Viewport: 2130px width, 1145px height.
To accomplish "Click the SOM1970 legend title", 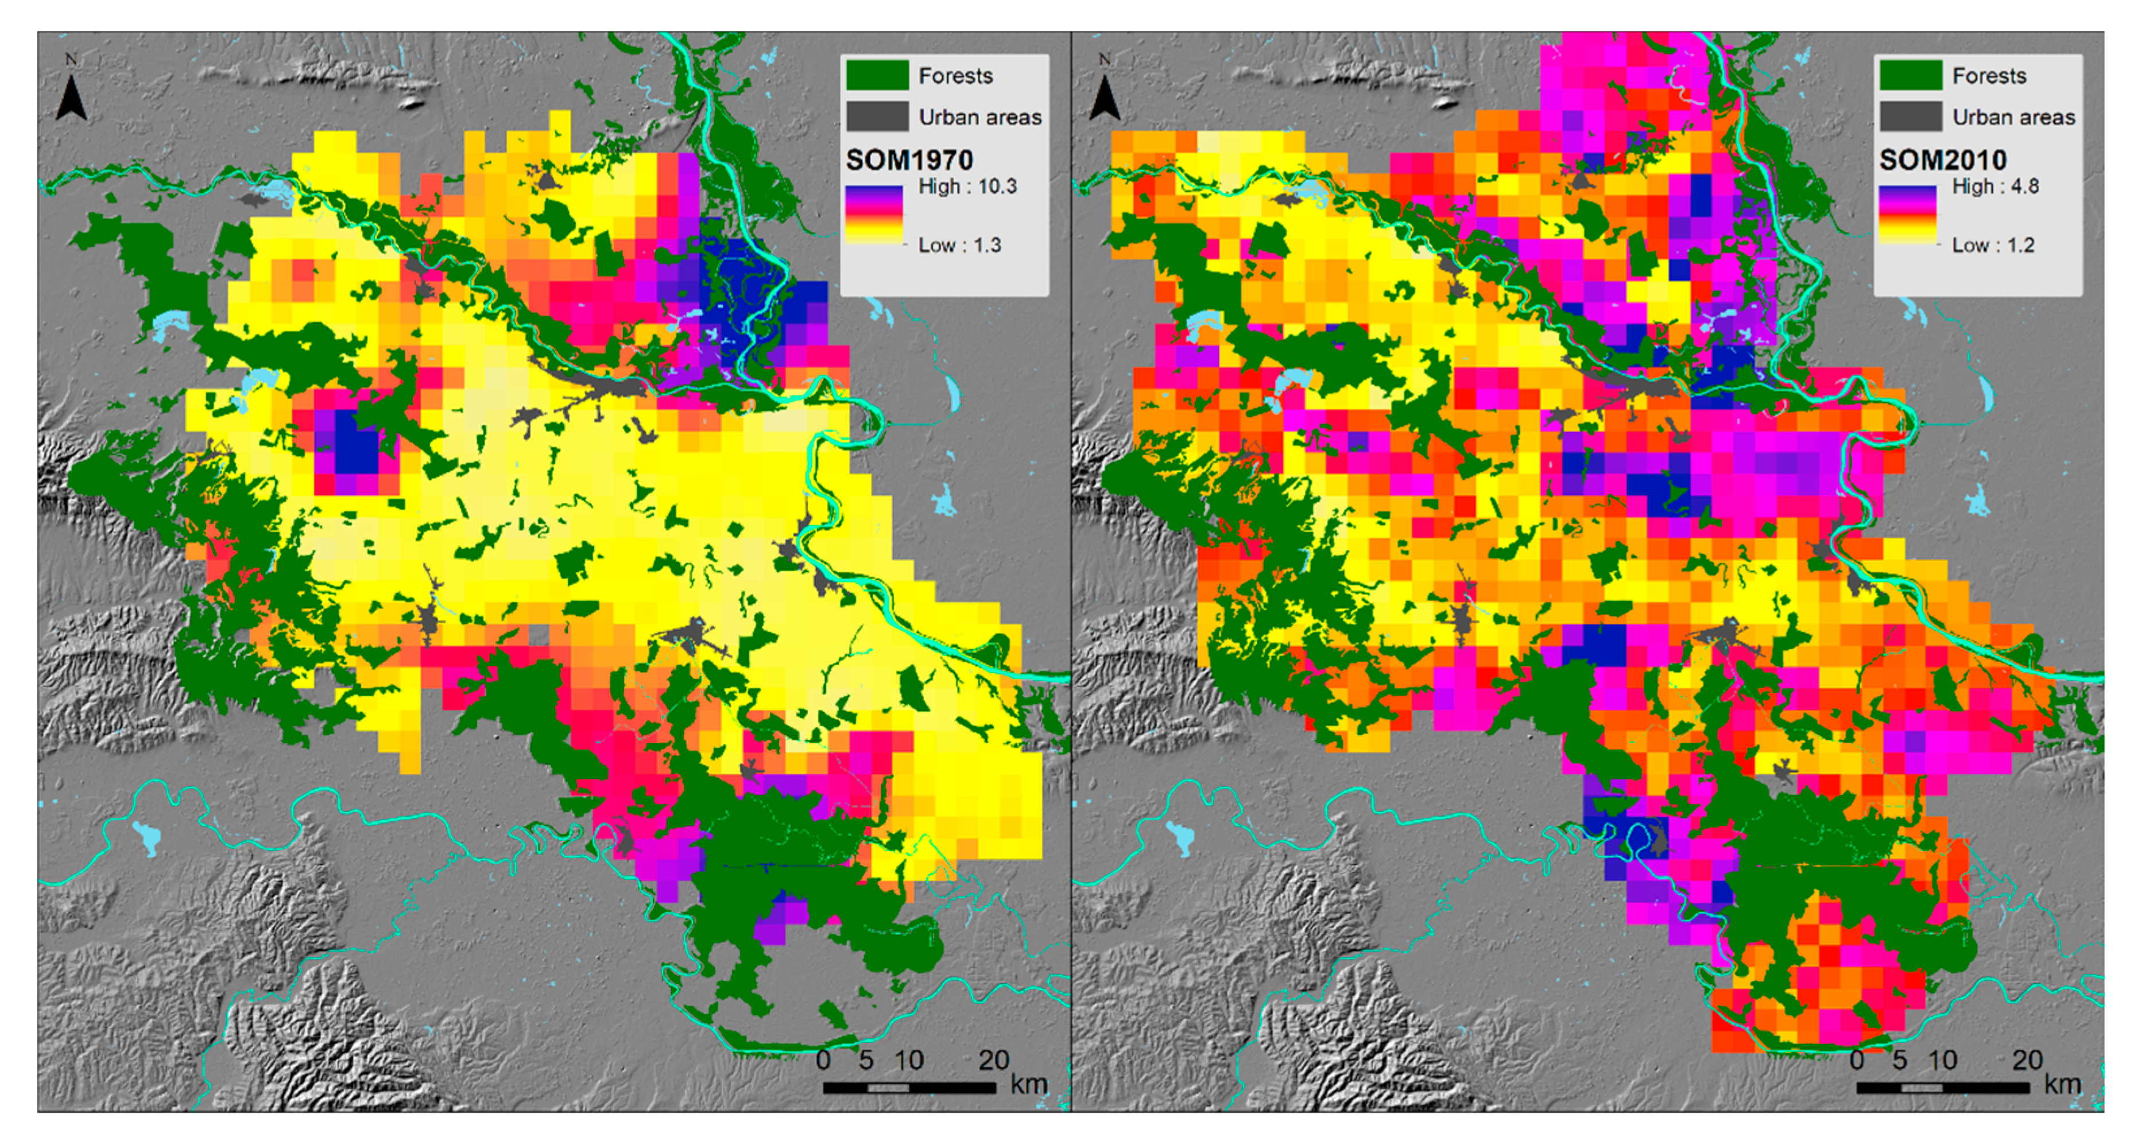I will tap(909, 160).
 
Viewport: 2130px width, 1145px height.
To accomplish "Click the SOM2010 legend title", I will tap(1942, 160).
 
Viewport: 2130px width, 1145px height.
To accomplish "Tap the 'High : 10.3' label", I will tap(967, 187).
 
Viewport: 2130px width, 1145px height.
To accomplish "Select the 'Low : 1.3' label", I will tap(959, 246).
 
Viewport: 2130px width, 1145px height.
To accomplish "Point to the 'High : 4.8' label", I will tap(1995, 187).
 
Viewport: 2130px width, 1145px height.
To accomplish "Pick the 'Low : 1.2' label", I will tap(1993, 246).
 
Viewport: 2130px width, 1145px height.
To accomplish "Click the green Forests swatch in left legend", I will tap(877, 75).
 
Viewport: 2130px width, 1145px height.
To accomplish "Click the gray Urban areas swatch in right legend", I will tap(1910, 117).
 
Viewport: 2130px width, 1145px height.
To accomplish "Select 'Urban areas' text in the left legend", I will tap(980, 118).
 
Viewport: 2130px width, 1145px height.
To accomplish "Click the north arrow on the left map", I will tap(71, 98).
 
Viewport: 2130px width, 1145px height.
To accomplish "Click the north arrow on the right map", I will tap(1104, 98).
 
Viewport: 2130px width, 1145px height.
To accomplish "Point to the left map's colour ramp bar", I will tap(873, 214).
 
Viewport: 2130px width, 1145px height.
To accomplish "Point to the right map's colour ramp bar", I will tap(1907, 214).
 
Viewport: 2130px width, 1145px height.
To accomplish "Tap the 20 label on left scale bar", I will tap(994, 1060).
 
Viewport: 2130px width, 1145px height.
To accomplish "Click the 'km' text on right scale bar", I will tap(2062, 1084).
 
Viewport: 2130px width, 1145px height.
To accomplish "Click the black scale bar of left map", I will tap(909, 1087).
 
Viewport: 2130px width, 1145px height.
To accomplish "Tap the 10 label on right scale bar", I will tap(1942, 1060).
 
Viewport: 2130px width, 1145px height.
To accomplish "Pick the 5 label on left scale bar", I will tap(866, 1060).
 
